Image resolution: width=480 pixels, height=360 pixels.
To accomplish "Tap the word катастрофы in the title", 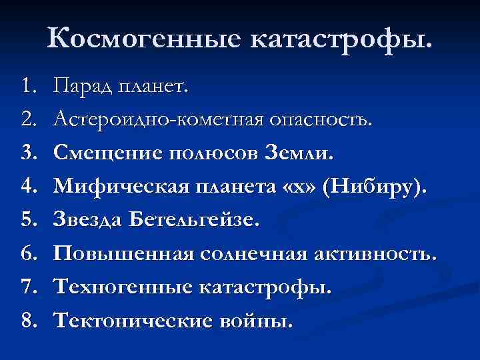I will pyautogui.click(x=341, y=39).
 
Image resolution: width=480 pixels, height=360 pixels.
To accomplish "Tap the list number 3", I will pyautogui.click(x=27, y=153).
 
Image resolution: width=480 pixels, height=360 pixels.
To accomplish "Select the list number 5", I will pyautogui.click(x=27, y=221).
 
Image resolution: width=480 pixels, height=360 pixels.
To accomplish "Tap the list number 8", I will pyautogui.click(x=27, y=321).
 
